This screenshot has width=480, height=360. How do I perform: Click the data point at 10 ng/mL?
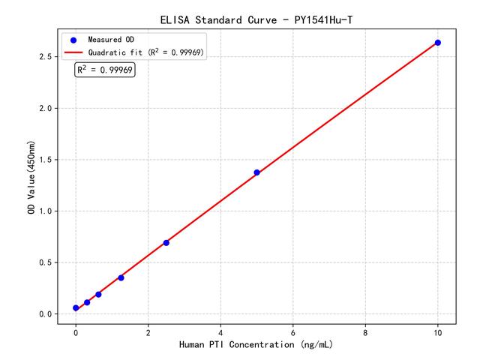pyautogui.click(x=438, y=43)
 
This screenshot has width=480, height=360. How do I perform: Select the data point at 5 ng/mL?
pyautogui.click(x=256, y=172)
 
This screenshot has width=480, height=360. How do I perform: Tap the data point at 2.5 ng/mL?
pyautogui.click(x=166, y=242)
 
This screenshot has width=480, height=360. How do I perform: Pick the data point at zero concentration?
pyautogui.click(x=76, y=308)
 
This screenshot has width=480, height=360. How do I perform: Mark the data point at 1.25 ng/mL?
pyautogui.click(x=121, y=277)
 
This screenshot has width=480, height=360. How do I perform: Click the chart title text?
pyautogui.click(x=256, y=19)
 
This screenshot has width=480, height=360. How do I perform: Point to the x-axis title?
pyautogui.click(x=256, y=344)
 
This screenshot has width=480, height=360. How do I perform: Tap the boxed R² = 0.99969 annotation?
pyautogui.click(x=105, y=70)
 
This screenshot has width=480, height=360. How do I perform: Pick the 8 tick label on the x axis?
pyautogui.click(x=365, y=331)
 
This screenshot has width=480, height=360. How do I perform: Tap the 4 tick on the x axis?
pyautogui.click(x=220, y=331)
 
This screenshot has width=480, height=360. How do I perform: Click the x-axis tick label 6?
pyautogui.click(x=293, y=331)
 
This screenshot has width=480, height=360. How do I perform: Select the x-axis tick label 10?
pyautogui.click(x=438, y=331)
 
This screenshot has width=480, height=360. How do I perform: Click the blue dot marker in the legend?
pyautogui.click(x=73, y=39)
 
